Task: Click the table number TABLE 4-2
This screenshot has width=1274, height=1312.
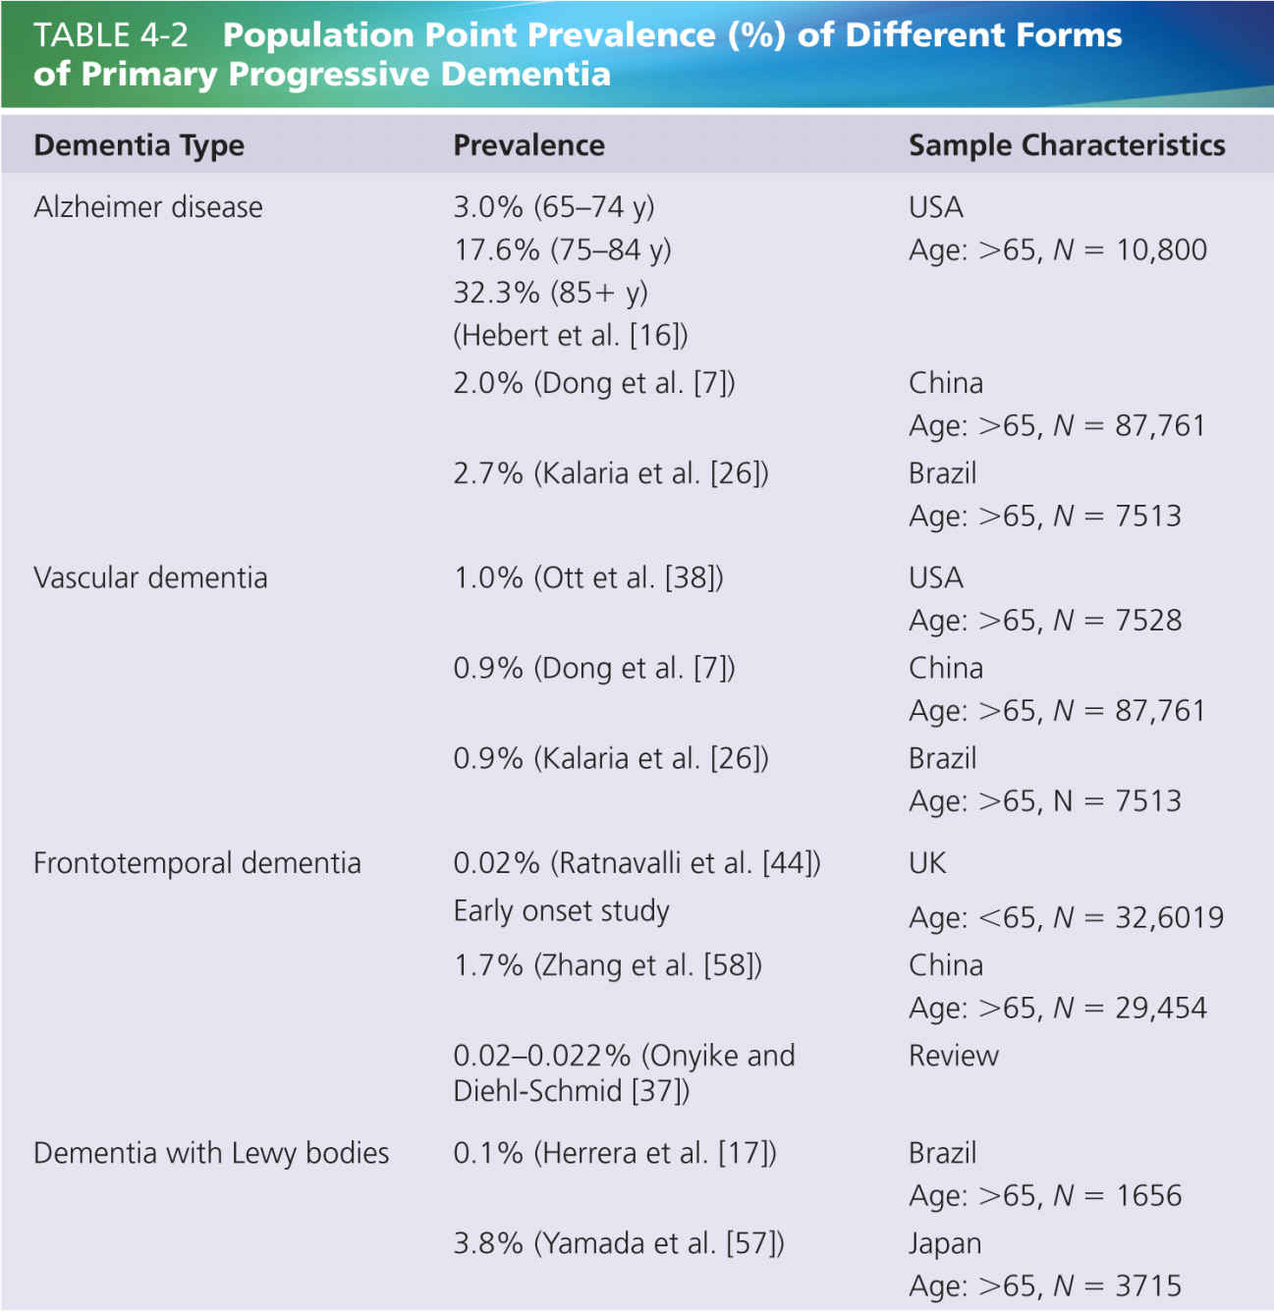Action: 110,35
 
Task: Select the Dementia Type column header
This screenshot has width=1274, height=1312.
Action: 138,145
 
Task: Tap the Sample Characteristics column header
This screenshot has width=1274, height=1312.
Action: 1066,145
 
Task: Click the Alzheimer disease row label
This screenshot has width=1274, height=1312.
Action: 147,207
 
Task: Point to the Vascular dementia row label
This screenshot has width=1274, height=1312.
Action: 150,577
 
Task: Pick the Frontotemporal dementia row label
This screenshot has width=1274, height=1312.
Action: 196,863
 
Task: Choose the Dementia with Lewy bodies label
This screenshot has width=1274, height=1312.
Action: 211,1153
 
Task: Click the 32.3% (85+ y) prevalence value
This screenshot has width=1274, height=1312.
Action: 550,293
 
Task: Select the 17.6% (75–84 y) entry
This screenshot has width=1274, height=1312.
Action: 562,249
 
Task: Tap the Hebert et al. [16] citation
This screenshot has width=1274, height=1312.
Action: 570,336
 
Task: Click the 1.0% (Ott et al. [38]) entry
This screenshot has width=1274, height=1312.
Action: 587,577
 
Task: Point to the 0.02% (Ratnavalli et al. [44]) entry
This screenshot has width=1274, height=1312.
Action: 637,863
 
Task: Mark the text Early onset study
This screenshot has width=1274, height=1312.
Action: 561,911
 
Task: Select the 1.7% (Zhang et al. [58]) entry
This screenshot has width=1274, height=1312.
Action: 607,965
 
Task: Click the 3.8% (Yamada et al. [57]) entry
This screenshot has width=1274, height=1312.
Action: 619,1243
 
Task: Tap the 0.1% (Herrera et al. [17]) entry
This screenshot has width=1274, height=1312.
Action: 615,1153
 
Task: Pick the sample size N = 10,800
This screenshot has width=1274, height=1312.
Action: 1130,250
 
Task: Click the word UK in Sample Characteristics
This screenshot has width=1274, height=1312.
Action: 927,863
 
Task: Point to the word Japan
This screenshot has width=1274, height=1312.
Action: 944,1243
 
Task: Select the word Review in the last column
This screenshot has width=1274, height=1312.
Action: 953,1056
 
